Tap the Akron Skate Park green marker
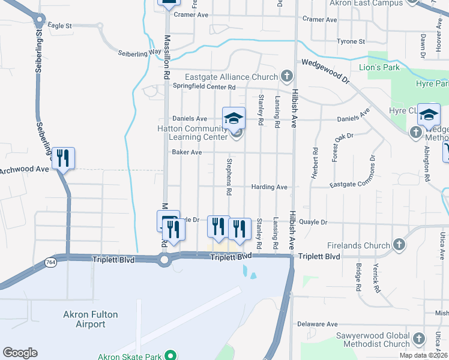(170, 355)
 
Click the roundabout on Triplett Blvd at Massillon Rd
(164, 260)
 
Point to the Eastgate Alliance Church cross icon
(287, 76)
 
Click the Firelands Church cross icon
(400, 245)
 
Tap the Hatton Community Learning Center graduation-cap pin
(234, 117)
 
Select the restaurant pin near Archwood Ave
(63, 158)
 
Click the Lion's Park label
(379, 67)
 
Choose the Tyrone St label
(351, 41)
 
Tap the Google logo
(20, 353)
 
